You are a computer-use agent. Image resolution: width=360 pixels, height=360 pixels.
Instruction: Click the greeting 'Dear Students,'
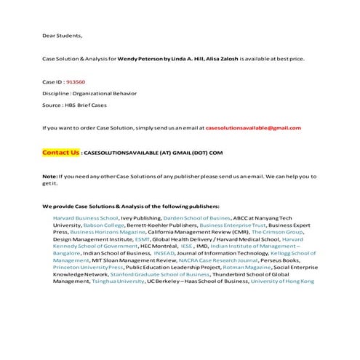(x=63, y=35)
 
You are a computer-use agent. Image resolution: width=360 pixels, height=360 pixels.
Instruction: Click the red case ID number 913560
(x=76, y=82)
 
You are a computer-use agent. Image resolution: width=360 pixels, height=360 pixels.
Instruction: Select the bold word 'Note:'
(x=49, y=177)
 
